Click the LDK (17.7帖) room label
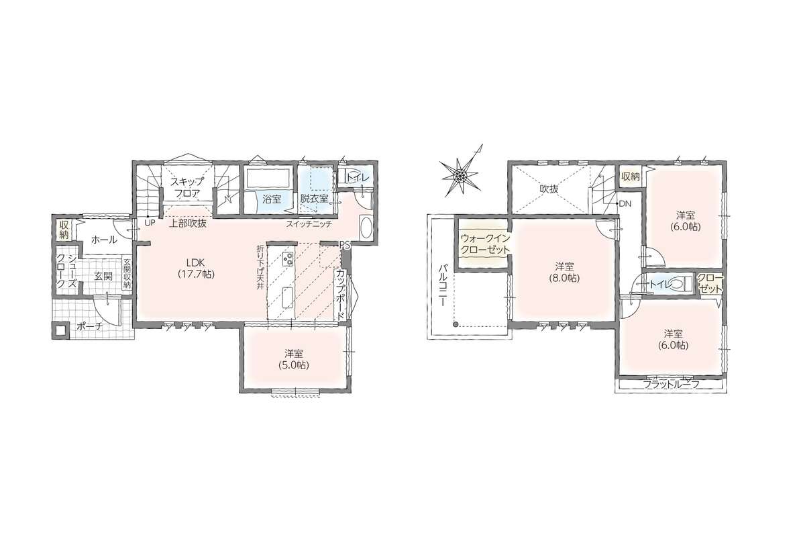(x=196, y=268)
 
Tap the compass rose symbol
(x=460, y=175)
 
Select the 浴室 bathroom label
(x=272, y=199)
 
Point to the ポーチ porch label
(x=89, y=327)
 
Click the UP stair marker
(x=150, y=222)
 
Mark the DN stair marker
(x=625, y=204)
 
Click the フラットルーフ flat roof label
(x=671, y=385)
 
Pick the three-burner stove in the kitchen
(x=286, y=259)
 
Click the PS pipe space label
(x=345, y=244)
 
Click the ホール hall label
(x=104, y=240)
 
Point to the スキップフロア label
(x=187, y=187)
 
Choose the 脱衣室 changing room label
(x=313, y=199)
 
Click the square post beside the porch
(x=61, y=331)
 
